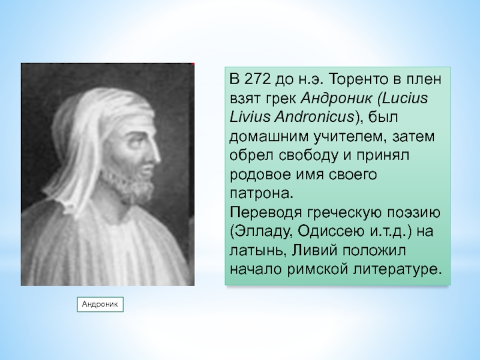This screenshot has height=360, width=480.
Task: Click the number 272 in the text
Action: pyautogui.click(x=258, y=79)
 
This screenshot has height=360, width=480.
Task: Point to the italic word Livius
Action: pyautogui.click(x=249, y=117)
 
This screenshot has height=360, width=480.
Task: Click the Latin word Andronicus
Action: pyautogui.click(x=314, y=117)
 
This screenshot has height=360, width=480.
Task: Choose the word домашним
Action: pyautogui.click(x=269, y=137)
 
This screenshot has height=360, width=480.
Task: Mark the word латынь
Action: pyautogui.click(x=257, y=251)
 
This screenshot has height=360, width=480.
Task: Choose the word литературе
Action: pyautogui.click(x=398, y=269)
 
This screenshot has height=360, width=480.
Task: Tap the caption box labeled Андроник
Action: pyautogui.click(x=100, y=304)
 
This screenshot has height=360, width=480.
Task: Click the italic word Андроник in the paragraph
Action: pyautogui.click(x=337, y=98)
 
